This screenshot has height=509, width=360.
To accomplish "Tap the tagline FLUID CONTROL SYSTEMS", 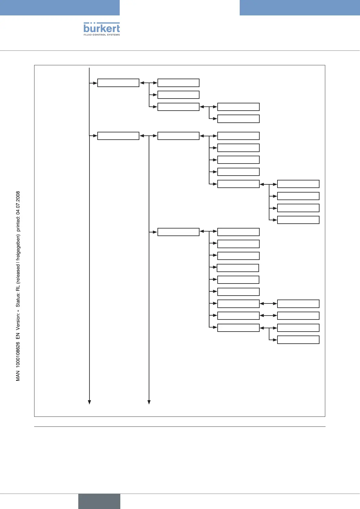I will click(x=102, y=35).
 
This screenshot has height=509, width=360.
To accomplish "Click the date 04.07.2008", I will click(x=18, y=203).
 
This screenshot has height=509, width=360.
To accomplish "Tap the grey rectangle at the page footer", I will click(x=99, y=501).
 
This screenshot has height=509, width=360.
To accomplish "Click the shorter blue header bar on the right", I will click(x=300, y=8).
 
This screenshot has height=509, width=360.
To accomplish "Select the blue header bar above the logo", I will click(x=60, y=8).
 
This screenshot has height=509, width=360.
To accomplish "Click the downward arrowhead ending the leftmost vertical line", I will click(x=89, y=402).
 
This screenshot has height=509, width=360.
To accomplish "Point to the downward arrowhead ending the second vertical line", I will click(x=149, y=402).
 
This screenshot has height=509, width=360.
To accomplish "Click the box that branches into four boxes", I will click(x=238, y=184).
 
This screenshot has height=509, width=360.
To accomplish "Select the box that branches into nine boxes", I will click(x=178, y=232).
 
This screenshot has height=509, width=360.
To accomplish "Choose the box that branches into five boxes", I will click(x=178, y=136).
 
